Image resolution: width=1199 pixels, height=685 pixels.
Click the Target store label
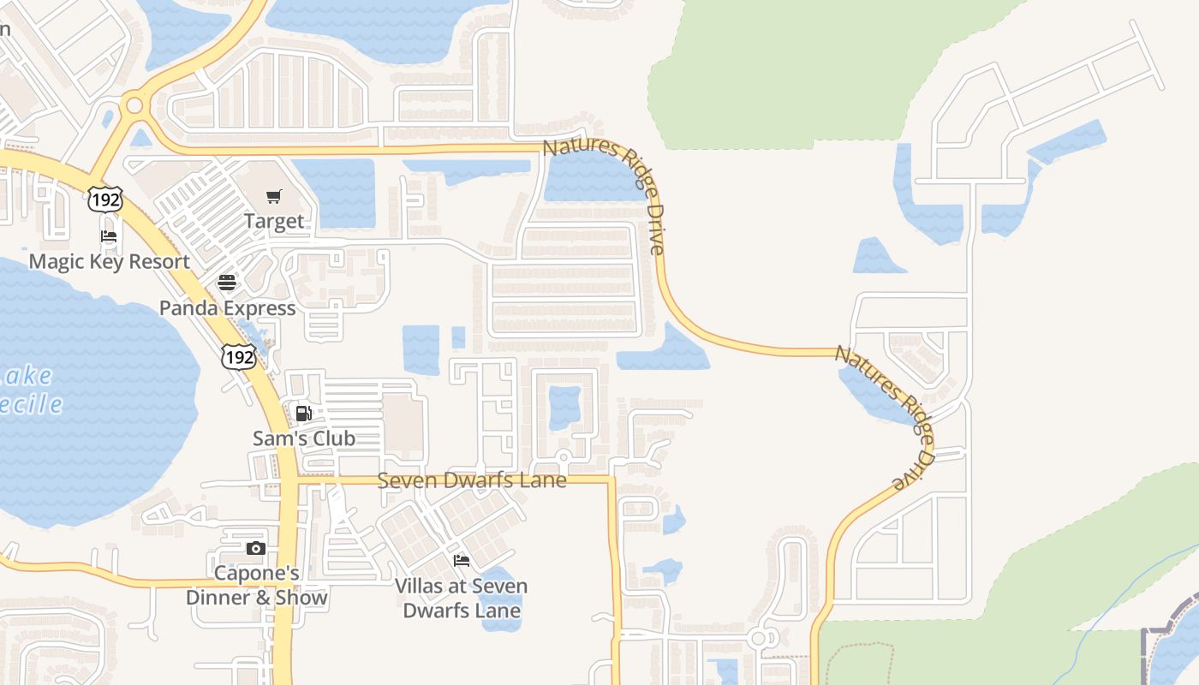click(x=274, y=221)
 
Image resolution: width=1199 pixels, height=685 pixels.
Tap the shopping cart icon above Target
click(x=274, y=197)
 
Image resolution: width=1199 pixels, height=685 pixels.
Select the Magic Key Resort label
click(x=109, y=261)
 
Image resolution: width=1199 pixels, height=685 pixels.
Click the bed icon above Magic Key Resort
click(x=109, y=236)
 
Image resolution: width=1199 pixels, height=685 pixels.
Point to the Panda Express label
click(x=228, y=308)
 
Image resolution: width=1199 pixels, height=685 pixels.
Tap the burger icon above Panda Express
click(x=227, y=283)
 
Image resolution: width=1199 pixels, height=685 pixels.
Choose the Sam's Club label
click(x=304, y=438)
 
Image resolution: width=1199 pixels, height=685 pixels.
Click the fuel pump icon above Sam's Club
click(x=303, y=414)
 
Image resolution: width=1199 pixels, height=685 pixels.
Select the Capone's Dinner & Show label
click(x=257, y=586)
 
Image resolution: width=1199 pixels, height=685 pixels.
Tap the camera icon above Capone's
click(x=255, y=549)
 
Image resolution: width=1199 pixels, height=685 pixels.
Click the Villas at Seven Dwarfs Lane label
click(x=462, y=599)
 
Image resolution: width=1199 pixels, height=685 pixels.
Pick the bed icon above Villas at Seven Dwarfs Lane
click(x=462, y=561)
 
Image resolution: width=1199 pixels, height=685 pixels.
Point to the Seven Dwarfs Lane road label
click(x=472, y=480)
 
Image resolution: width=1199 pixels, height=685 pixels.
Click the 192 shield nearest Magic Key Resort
click(x=104, y=200)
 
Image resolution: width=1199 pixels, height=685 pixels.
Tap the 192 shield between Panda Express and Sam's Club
click(x=238, y=357)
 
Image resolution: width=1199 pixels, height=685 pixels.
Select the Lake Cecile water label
click(x=30, y=390)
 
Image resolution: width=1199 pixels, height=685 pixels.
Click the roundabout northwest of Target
click(x=133, y=106)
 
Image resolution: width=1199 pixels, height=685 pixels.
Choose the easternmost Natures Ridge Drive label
click(x=885, y=416)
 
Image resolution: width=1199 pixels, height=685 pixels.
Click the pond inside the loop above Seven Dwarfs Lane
click(x=564, y=407)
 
